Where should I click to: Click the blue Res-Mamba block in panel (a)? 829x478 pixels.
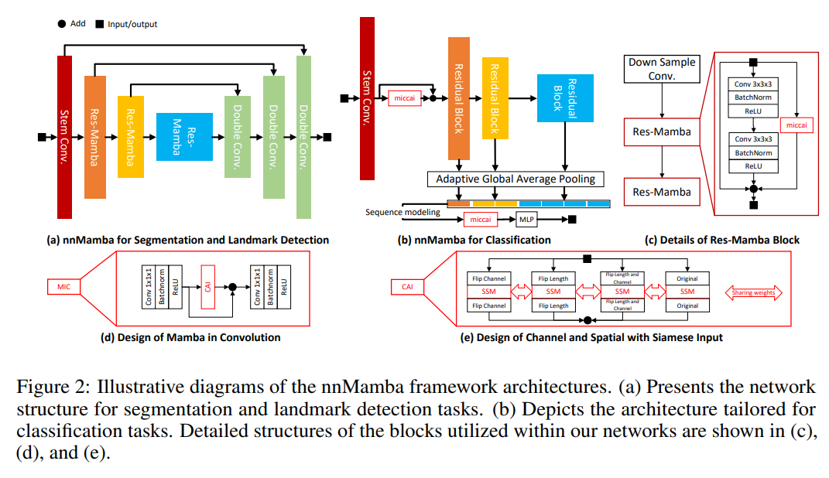pyautogui.click(x=184, y=136)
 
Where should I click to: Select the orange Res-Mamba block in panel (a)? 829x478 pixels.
pyautogui.click(x=94, y=137)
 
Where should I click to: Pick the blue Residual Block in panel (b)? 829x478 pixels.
pyautogui.click(x=565, y=97)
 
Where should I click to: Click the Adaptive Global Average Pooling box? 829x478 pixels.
pyautogui.click(x=516, y=179)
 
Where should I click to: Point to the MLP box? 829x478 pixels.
pyautogui.click(x=527, y=219)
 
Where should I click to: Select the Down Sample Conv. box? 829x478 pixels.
pyautogui.click(x=662, y=69)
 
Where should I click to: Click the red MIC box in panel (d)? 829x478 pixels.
pyautogui.click(x=63, y=287)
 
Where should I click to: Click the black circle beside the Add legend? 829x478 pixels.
pyautogui.click(x=61, y=23)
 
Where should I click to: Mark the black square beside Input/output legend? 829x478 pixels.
pyautogui.click(x=100, y=24)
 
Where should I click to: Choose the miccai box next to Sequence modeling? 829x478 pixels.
pyautogui.click(x=480, y=219)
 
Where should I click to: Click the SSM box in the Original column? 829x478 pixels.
pyautogui.click(x=687, y=292)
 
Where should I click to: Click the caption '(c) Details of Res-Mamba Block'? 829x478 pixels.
pyautogui.click(x=722, y=240)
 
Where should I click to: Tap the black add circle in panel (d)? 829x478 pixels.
pyautogui.click(x=231, y=287)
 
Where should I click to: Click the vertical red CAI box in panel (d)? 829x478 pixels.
pyautogui.click(x=207, y=286)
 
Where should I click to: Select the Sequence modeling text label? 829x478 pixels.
pyautogui.click(x=403, y=212)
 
